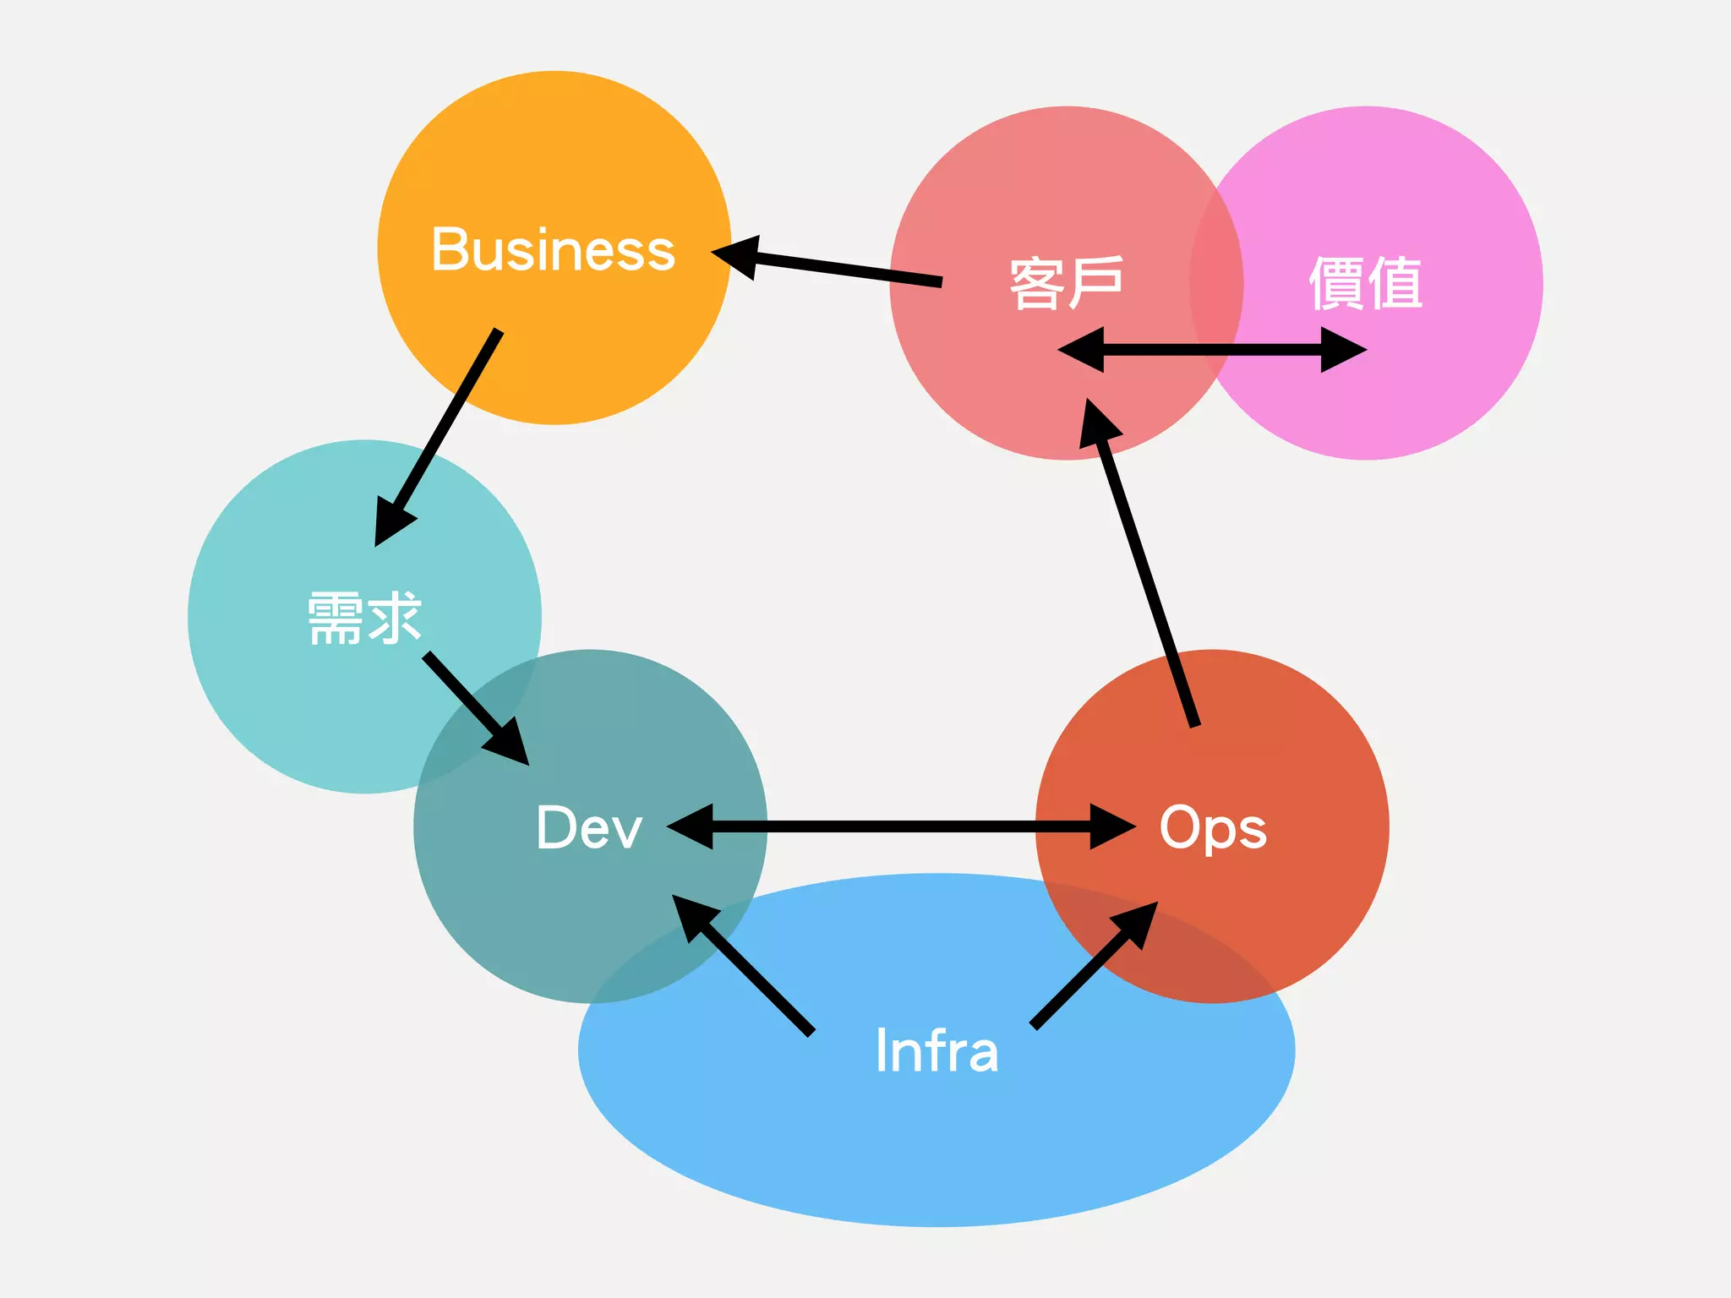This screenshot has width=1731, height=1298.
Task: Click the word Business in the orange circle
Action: coord(553,250)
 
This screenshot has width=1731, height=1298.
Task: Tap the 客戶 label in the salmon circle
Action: coord(1066,283)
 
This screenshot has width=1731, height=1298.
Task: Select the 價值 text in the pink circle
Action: coord(1365,283)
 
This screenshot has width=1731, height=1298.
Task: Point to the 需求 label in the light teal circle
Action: coord(364,619)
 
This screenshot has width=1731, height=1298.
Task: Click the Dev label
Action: coord(589,827)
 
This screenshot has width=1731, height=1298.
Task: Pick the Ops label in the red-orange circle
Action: coord(1212,827)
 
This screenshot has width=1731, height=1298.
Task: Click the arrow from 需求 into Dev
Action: coord(473,706)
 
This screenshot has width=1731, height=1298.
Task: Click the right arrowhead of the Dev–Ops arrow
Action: coord(1111,826)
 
